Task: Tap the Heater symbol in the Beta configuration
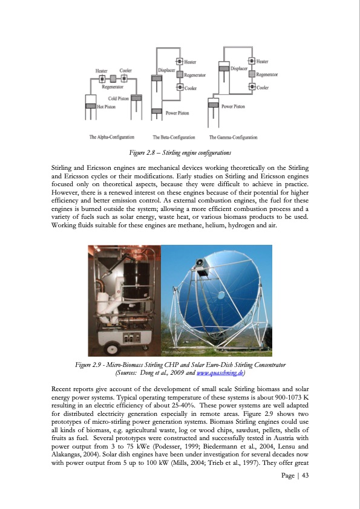179,61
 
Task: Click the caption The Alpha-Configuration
111,137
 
